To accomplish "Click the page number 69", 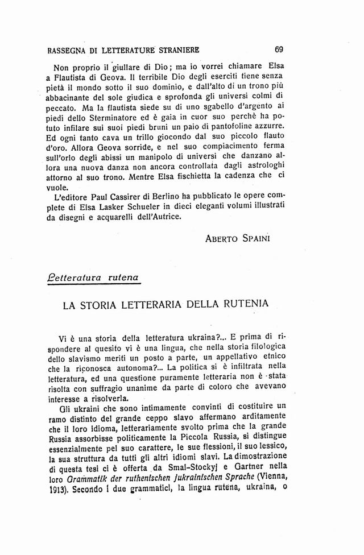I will [x=278, y=49].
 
